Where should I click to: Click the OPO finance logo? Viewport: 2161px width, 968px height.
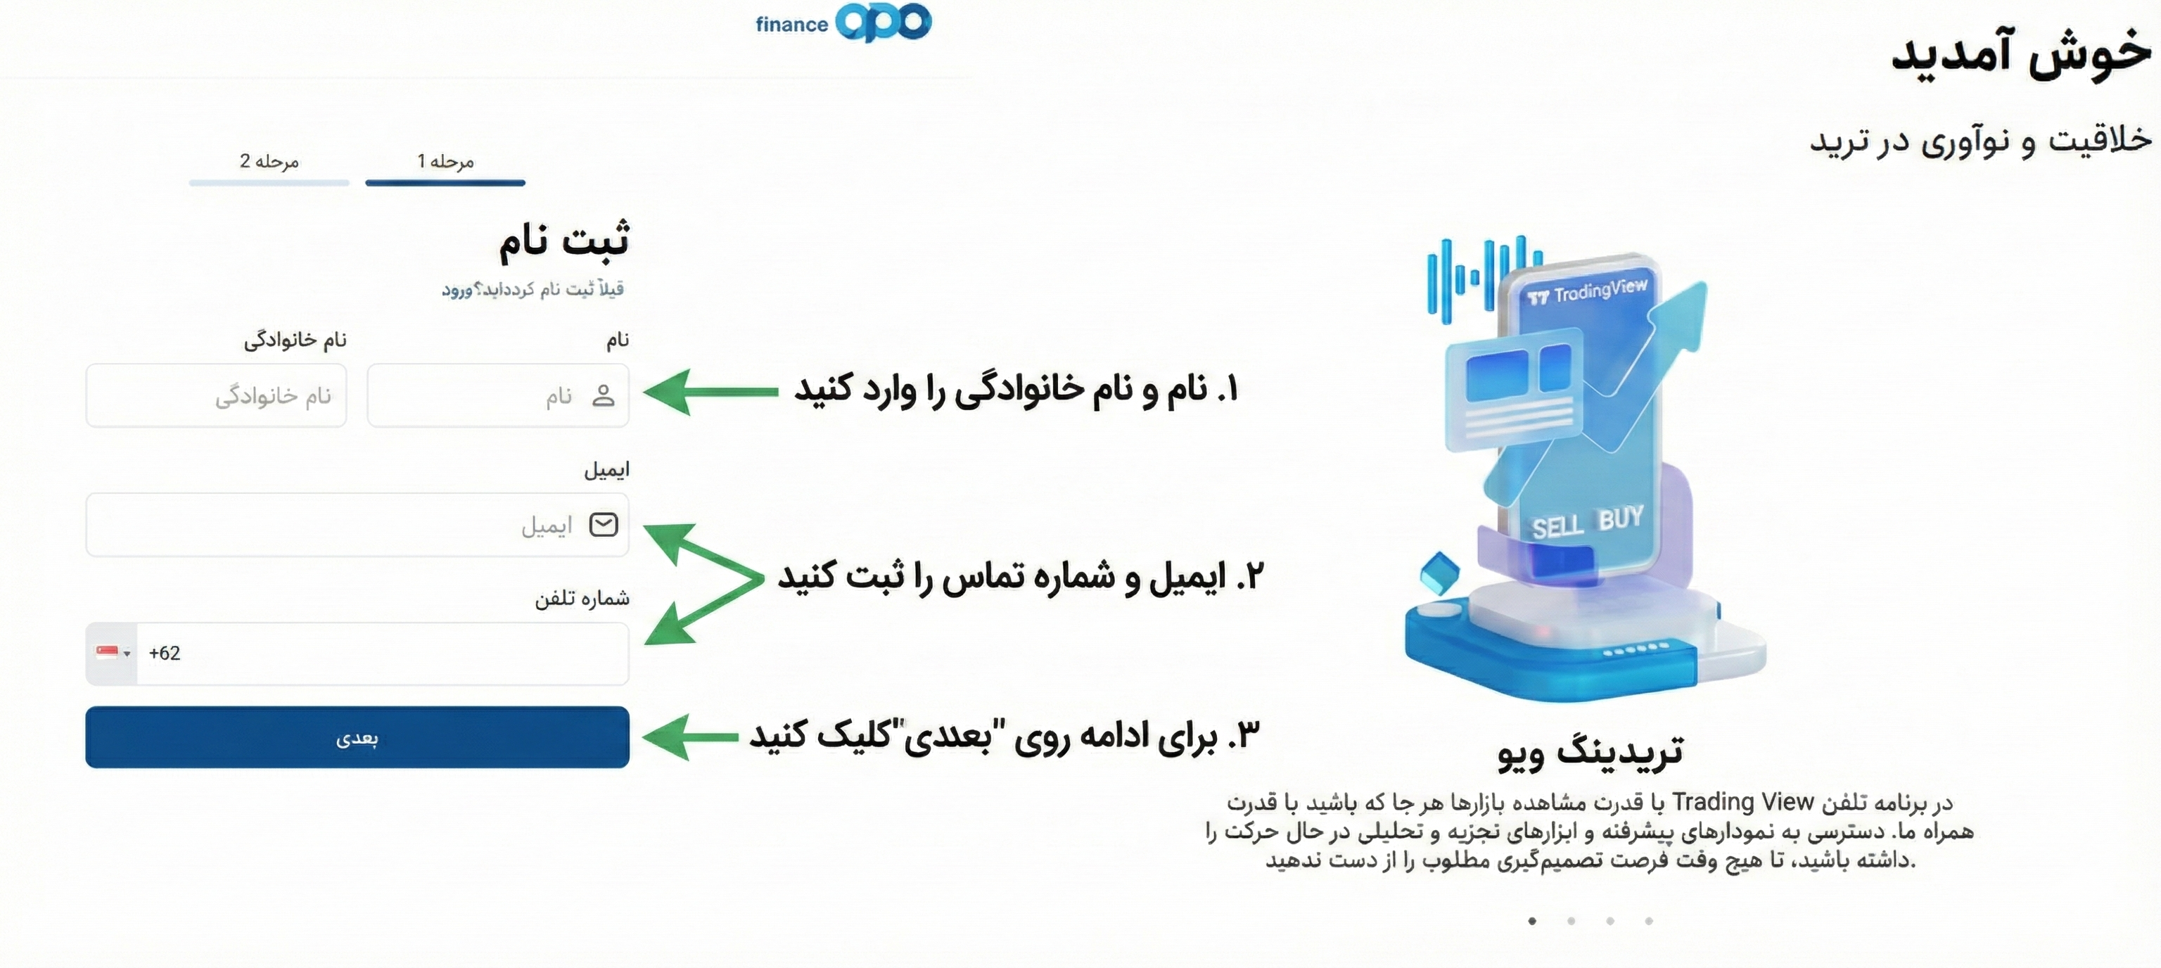[x=843, y=22]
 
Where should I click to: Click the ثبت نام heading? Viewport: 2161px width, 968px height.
[x=563, y=240]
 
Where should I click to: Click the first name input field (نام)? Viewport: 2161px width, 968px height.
[x=498, y=395]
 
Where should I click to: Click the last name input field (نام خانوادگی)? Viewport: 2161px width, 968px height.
[x=217, y=395]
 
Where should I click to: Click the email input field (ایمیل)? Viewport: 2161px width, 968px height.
[x=357, y=525]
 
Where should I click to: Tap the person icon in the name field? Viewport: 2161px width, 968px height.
[x=603, y=395]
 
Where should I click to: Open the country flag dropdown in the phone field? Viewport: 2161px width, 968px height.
[x=113, y=654]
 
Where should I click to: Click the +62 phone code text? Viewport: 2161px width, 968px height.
[x=165, y=654]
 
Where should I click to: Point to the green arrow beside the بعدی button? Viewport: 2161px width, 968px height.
[x=690, y=737]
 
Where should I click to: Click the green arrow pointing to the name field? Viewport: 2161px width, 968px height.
[x=710, y=392]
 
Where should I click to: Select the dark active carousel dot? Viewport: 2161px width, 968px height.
[x=1533, y=921]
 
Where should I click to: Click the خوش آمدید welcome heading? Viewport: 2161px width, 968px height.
[x=2022, y=53]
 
